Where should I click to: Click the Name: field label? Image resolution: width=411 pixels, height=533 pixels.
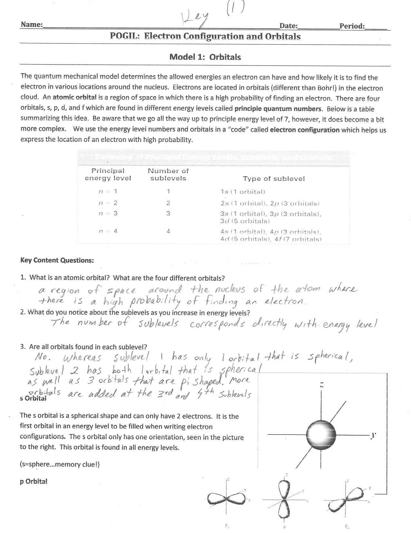pos(31,25)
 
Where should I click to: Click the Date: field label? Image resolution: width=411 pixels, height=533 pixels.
pos(288,26)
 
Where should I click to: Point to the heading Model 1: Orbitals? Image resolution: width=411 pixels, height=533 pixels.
pos(205,57)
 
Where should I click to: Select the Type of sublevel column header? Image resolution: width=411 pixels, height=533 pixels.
pos(274,179)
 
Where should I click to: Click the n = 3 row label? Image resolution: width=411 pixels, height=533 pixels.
pos(108,213)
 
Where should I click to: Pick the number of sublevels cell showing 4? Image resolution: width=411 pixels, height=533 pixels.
pos(168,231)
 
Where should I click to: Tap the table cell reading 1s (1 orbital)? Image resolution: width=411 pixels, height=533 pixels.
pos(243,192)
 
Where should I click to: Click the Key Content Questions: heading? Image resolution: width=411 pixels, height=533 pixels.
pos(57,260)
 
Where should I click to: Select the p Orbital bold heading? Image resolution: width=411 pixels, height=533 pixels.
pos(34,481)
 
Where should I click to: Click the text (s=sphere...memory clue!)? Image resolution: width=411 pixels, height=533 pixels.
pos(60,464)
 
